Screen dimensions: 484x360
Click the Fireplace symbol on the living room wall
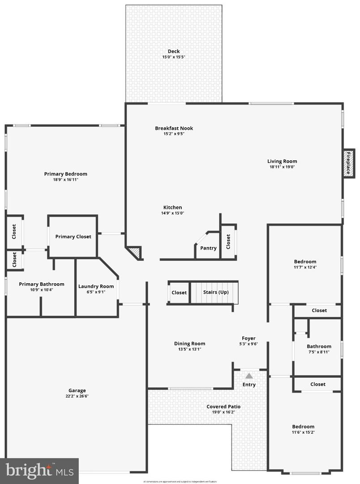pyautogui.click(x=348, y=163)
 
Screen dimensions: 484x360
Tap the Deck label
pyautogui.click(x=174, y=52)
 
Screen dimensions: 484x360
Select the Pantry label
pyautogui.click(x=208, y=248)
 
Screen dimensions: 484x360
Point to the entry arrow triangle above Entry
pyautogui.click(x=249, y=376)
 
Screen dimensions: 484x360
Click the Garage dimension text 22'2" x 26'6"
pyautogui.click(x=77, y=396)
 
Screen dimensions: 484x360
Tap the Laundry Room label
pyautogui.click(x=96, y=286)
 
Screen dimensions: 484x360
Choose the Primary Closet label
pyautogui.click(x=73, y=237)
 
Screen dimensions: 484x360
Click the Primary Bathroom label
pyautogui.click(x=41, y=284)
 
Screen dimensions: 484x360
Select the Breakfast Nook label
pyautogui.click(x=174, y=128)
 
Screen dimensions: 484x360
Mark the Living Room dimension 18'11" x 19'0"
pyautogui.click(x=282, y=167)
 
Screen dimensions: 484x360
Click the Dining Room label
pyautogui.click(x=189, y=344)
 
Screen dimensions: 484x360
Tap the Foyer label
pyautogui.click(x=249, y=338)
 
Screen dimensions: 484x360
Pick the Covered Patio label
pyautogui.click(x=223, y=406)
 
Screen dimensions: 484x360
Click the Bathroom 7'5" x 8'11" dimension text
pyautogui.click(x=319, y=352)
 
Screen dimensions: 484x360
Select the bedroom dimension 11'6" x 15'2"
pyautogui.click(x=303, y=432)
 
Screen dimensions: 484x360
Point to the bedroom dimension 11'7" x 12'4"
pyautogui.click(x=305, y=268)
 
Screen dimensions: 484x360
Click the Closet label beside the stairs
pyautogui.click(x=179, y=293)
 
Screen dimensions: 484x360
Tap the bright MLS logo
pyautogui.click(x=39, y=471)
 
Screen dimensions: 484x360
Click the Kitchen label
pyautogui.click(x=172, y=207)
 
